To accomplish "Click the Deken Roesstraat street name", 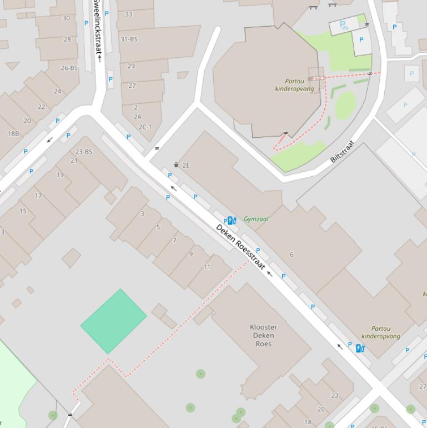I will click(x=240, y=247).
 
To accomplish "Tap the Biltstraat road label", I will click(x=342, y=151).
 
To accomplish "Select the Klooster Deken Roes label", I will click(x=264, y=335).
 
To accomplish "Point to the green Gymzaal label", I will click(x=256, y=219).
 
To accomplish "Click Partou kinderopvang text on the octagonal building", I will click(x=294, y=85).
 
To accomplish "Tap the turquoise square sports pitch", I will click(x=113, y=321).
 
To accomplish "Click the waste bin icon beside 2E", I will click(x=177, y=165).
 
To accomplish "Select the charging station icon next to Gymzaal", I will click(x=232, y=221).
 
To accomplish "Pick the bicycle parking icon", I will click(x=344, y=24).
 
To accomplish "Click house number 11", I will click(x=207, y=267).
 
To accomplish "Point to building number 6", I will click(x=292, y=255).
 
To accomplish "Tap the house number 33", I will click(x=129, y=14).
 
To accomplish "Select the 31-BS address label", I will click(x=129, y=39).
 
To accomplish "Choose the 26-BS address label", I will click(x=69, y=68).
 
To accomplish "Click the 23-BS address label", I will click(x=84, y=152).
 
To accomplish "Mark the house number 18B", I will click(x=13, y=134).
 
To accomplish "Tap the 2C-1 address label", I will click(x=145, y=127).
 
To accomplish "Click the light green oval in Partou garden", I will click(x=345, y=105).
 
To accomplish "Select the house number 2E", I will click(x=186, y=165).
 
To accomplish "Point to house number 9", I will click(x=191, y=254).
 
